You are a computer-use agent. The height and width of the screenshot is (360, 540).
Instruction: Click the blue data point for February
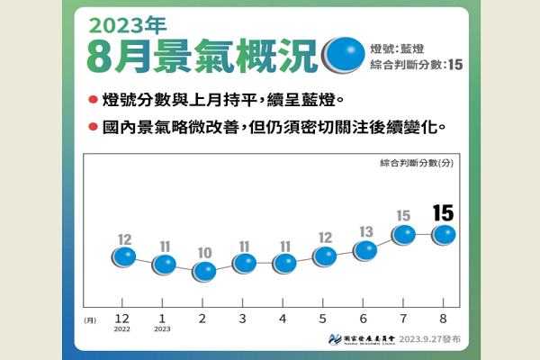pyautogui.click(x=204, y=270)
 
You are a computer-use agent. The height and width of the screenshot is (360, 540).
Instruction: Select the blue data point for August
pyautogui.click(x=445, y=235)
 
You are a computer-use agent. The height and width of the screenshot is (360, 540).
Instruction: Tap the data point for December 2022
pyautogui.click(x=124, y=257)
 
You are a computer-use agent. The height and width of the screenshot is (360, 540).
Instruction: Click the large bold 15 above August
pyautogui.click(x=444, y=212)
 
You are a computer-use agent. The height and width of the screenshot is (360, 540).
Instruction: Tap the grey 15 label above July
pyautogui.click(x=404, y=216)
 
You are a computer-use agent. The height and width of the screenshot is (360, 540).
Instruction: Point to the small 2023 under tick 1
pyautogui.click(x=164, y=330)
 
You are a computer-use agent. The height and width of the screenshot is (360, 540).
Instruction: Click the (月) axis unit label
pyautogui.click(x=90, y=319)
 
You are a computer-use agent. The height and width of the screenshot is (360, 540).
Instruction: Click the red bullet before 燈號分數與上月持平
pyautogui.click(x=94, y=96)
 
